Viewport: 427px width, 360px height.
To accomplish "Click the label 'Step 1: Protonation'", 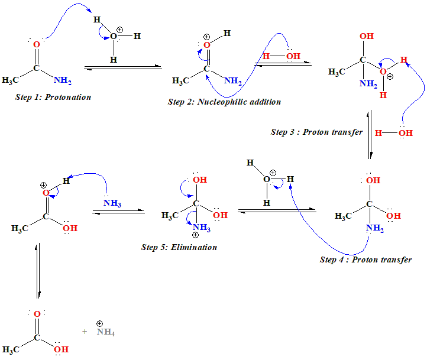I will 53,96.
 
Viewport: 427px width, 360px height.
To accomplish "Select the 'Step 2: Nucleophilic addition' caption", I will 224,102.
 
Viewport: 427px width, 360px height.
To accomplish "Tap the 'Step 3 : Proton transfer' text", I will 316,132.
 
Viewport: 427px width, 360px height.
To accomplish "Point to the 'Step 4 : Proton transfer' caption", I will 365,260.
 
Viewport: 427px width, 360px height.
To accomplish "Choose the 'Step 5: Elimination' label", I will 179,247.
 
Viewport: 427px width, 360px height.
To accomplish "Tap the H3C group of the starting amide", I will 14,80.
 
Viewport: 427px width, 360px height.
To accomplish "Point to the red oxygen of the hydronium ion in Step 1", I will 113,37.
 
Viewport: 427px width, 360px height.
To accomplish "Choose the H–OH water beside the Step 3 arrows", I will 393,133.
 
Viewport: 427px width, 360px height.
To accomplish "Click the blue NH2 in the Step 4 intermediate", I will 374,229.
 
